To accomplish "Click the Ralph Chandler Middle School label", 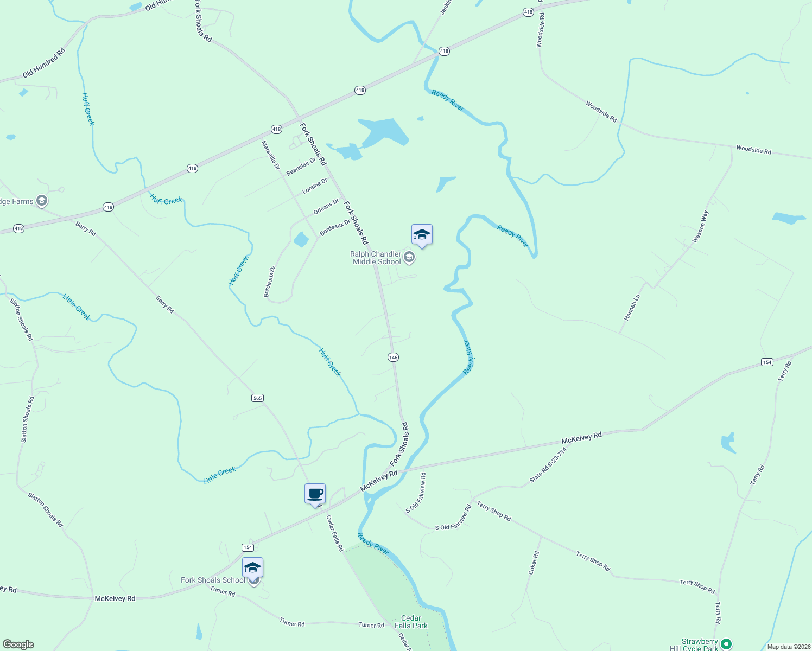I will (x=376, y=258).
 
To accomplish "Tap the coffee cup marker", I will (x=315, y=494).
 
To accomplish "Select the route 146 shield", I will (x=393, y=357).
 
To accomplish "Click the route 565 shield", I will (x=257, y=398).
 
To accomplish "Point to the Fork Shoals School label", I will (x=213, y=580).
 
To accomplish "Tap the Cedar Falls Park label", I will (x=411, y=622).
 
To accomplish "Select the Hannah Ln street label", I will (x=632, y=307).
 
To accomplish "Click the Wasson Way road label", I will (x=701, y=226).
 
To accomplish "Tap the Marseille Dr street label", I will (x=270, y=155).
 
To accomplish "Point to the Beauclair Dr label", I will (x=301, y=167).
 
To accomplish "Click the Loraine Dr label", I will (x=315, y=186).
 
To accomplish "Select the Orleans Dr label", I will (x=326, y=207).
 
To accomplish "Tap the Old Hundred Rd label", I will (x=44, y=63).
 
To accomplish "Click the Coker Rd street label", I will (x=534, y=563).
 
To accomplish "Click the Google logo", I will (x=17, y=644).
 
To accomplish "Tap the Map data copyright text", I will (x=786, y=647).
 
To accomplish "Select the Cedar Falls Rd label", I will (x=334, y=533).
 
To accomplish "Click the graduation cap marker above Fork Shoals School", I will (x=252, y=567).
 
